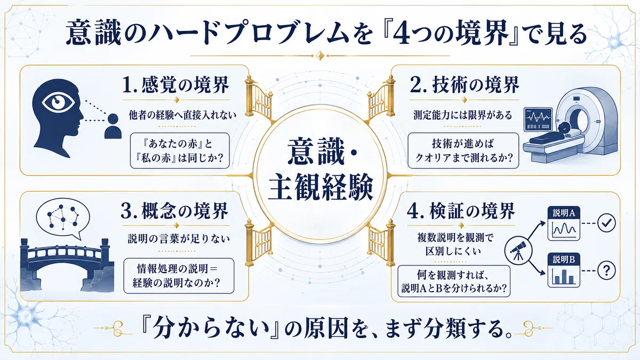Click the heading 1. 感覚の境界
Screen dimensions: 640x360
pos(175,85)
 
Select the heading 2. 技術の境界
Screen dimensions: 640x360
pos(465,85)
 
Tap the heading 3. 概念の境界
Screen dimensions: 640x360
pos(174,211)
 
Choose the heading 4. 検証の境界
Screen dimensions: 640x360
pos(461,211)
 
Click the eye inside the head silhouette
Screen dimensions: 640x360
pos(59,102)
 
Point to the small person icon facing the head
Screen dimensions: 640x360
pos(113,126)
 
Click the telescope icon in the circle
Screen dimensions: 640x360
pos(518,250)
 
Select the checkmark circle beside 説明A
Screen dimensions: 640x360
pos(606,223)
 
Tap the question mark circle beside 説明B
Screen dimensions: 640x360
pos(606,270)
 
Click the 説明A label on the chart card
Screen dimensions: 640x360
pos(564,213)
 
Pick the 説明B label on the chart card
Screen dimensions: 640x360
pos(564,260)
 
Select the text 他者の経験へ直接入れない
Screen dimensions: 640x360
pos(182,115)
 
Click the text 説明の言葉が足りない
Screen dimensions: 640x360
pos(179,238)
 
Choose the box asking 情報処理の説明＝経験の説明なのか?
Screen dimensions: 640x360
pos(179,276)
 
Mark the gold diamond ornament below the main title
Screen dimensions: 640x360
pos(321,55)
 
